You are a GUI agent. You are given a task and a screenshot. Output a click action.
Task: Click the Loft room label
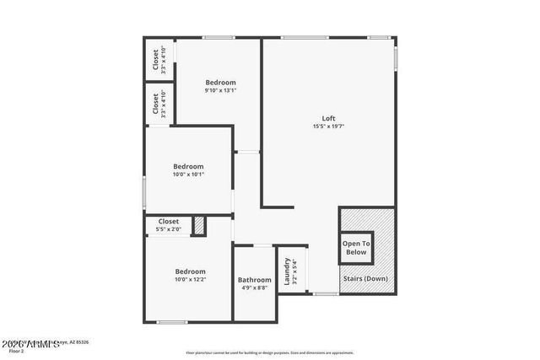coord(328,117)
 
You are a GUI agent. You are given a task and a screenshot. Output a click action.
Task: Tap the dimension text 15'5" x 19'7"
coord(328,126)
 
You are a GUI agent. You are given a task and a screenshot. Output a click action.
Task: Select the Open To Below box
coord(356,248)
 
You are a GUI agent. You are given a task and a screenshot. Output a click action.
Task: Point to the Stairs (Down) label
coord(365,278)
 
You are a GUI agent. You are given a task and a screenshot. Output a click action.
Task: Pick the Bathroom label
coord(254,280)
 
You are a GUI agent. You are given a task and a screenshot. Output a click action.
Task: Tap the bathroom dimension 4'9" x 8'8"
coord(254,288)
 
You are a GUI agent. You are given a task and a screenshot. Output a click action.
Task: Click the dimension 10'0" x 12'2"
coord(190,279)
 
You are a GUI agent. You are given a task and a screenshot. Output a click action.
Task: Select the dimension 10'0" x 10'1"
coord(188,175)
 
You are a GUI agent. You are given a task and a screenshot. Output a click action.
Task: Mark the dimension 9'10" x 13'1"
coord(220,90)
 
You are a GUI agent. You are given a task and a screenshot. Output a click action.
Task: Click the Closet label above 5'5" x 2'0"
coord(168,222)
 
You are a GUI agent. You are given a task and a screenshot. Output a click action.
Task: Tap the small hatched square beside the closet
coord(199,226)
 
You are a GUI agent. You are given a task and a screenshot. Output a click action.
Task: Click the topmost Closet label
coord(155,59)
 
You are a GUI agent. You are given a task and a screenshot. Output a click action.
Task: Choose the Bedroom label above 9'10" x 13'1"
coord(220,82)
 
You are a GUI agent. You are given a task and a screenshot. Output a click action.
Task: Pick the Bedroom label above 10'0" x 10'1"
coord(188,166)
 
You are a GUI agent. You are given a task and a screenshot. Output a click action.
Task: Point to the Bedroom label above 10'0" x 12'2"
coord(190,271)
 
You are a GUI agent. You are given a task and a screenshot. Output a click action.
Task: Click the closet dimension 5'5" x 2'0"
coord(168,229)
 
